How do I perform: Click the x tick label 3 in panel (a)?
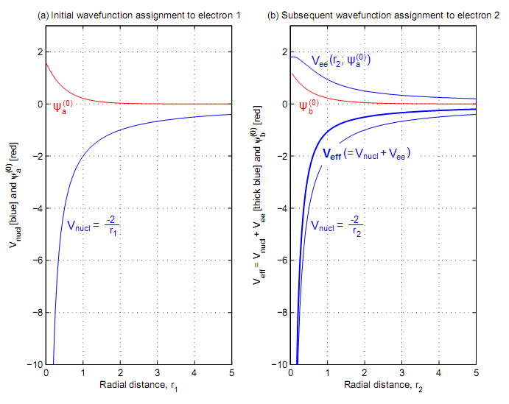tap(157, 374)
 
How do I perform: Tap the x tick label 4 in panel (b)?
tap(439, 374)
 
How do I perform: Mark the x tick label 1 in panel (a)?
tap(83, 374)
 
